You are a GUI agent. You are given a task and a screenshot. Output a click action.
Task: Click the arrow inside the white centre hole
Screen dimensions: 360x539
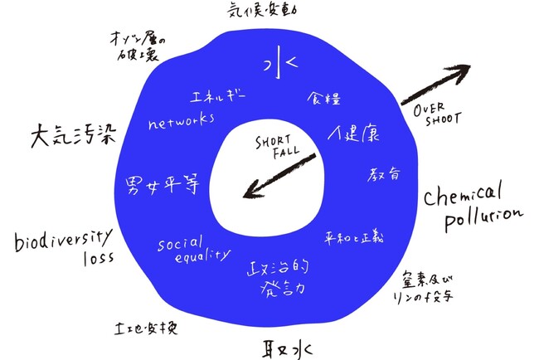[x=279, y=176]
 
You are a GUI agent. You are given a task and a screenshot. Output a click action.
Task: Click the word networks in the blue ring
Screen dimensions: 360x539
[x=181, y=121]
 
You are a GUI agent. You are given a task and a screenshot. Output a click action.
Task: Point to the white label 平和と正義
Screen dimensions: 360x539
[x=354, y=237]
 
